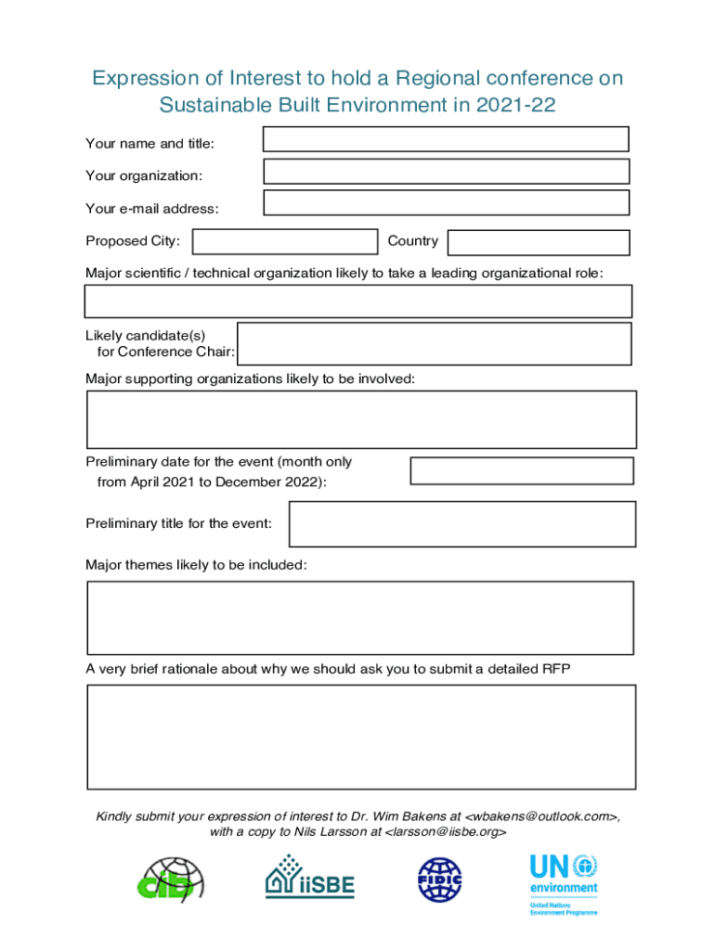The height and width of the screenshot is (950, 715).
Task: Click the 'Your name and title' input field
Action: tap(446, 139)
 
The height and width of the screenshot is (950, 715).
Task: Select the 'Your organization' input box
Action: tap(446, 171)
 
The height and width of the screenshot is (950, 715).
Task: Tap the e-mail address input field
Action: tap(446, 202)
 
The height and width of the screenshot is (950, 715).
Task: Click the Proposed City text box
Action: tap(284, 241)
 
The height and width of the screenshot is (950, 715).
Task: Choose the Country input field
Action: tap(538, 242)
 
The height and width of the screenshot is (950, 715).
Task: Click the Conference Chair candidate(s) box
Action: tap(434, 343)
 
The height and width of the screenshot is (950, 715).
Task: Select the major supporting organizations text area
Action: tap(361, 419)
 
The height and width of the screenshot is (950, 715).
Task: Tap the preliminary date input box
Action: tap(521, 470)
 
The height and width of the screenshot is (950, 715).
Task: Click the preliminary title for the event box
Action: tap(462, 524)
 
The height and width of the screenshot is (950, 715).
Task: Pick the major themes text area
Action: tap(360, 618)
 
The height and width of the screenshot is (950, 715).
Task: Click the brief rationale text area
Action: tap(361, 737)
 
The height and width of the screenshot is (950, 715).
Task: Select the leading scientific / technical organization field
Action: tap(357, 302)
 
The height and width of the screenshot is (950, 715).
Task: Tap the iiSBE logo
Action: tap(310, 877)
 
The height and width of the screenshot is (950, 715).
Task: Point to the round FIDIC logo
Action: tap(439, 880)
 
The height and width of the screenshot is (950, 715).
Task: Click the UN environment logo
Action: tap(564, 884)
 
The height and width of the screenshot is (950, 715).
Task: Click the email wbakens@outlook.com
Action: tap(540, 816)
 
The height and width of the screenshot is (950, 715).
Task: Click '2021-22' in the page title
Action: tap(514, 105)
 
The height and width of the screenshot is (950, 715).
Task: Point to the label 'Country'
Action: tap(412, 241)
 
